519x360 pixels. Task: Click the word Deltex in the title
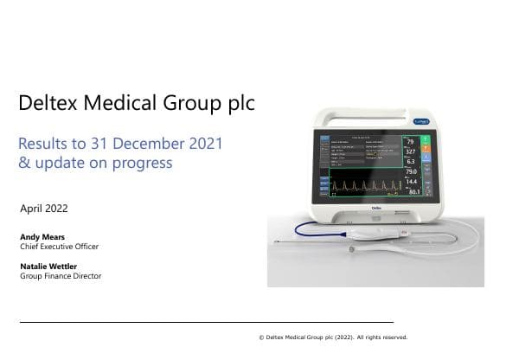point(47,105)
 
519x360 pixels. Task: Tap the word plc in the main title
point(237,105)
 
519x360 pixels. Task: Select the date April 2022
point(43,209)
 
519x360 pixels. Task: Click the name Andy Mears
point(41,235)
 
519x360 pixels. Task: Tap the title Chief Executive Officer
point(59,247)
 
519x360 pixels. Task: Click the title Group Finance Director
point(60,276)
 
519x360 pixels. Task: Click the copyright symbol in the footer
point(261,338)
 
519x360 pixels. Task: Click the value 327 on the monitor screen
point(412,151)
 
